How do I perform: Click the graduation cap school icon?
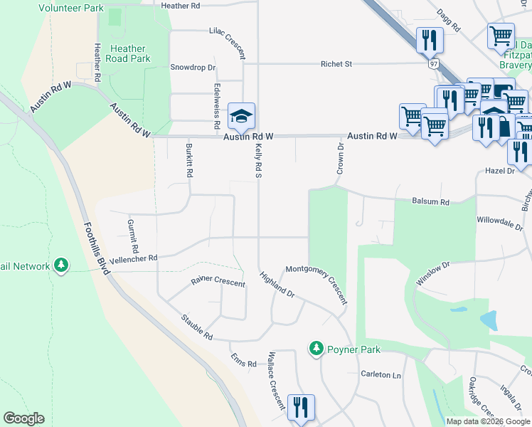(x=241, y=115)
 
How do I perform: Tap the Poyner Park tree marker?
(x=316, y=349)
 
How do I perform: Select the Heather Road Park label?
(x=128, y=53)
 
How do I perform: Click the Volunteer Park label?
(x=71, y=8)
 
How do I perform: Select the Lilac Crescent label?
(x=228, y=42)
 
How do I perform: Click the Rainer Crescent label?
(x=218, y=282)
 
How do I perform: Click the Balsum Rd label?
(x=431, y=202)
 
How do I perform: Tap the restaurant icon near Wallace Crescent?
(x=301, y=408)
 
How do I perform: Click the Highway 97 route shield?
(x=433, y=63)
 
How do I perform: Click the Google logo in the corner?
(x=24, y=418)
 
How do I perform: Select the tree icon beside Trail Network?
(x=61, y=265)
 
